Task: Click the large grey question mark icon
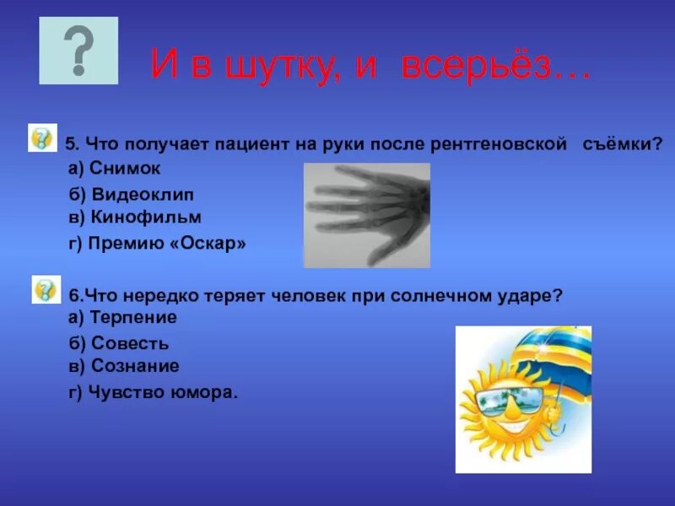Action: point(78,51)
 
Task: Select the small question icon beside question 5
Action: point(42,137)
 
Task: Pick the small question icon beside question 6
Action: point(46,289)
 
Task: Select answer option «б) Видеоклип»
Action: point(131,195)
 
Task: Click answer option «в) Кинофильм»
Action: point(135,217)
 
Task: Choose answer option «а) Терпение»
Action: point(122,318)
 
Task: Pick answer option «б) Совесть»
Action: point(118,343)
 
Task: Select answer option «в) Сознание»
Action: point(123,366)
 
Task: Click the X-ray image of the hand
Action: point(366,215)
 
